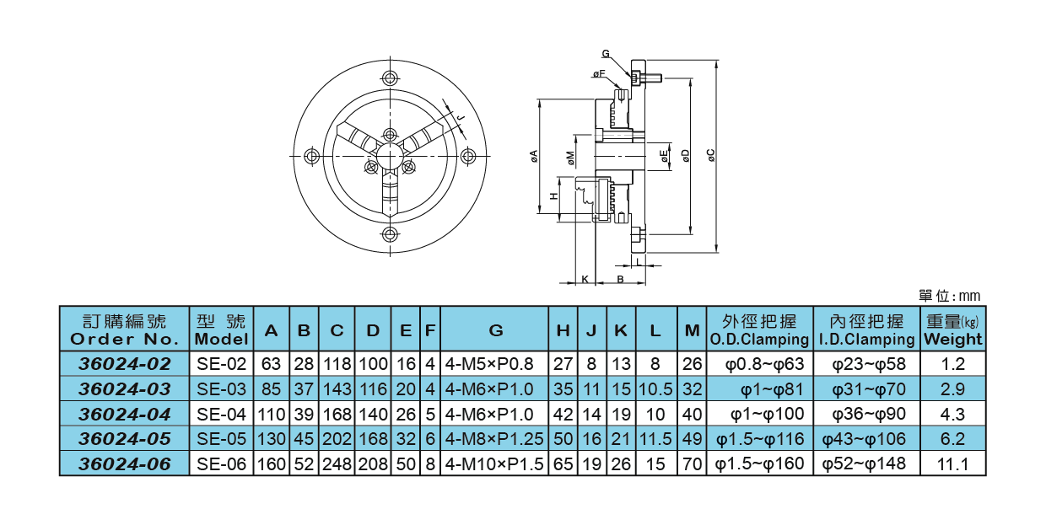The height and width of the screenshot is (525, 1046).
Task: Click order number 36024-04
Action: [x=124, y=414]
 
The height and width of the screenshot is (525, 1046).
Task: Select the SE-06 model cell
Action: [x=221, y=463]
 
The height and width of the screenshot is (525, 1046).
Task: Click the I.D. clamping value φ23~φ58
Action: [x=863, y=364]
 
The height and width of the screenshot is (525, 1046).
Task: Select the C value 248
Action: [x=337, y=463]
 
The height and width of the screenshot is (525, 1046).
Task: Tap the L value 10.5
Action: [x=655, y=389]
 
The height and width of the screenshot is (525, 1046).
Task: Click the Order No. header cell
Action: [x=124, y=330]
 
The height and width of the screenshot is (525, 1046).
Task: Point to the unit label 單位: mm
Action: [x=949, y=296]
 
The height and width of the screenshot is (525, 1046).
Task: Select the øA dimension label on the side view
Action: [x=533, y=156]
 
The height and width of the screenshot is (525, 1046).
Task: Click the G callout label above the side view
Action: [x=606, y=54]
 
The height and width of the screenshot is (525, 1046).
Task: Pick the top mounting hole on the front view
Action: [x=390, y=78]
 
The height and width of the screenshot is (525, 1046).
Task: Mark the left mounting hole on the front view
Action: [x=312, y=156]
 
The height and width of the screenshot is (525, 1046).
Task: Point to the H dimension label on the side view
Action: [x=553, y=196]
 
